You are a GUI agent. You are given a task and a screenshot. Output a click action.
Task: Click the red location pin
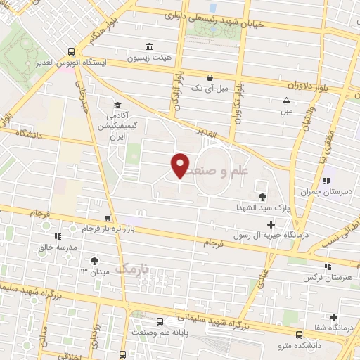(x=181, y=165)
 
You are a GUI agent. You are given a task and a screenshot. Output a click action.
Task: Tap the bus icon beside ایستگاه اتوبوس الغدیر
(x=72, y=51)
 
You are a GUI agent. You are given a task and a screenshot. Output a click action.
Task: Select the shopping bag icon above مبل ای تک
(x=210, y=78)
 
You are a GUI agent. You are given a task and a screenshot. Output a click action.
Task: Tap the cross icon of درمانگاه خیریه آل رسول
(x=271, y=224)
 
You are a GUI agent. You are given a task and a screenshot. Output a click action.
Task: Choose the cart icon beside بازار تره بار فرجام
(x=107, y=218)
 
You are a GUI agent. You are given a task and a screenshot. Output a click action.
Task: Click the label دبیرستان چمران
(x=314, y=191)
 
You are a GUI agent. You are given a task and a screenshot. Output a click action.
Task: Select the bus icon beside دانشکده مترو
(x=300, y=335)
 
